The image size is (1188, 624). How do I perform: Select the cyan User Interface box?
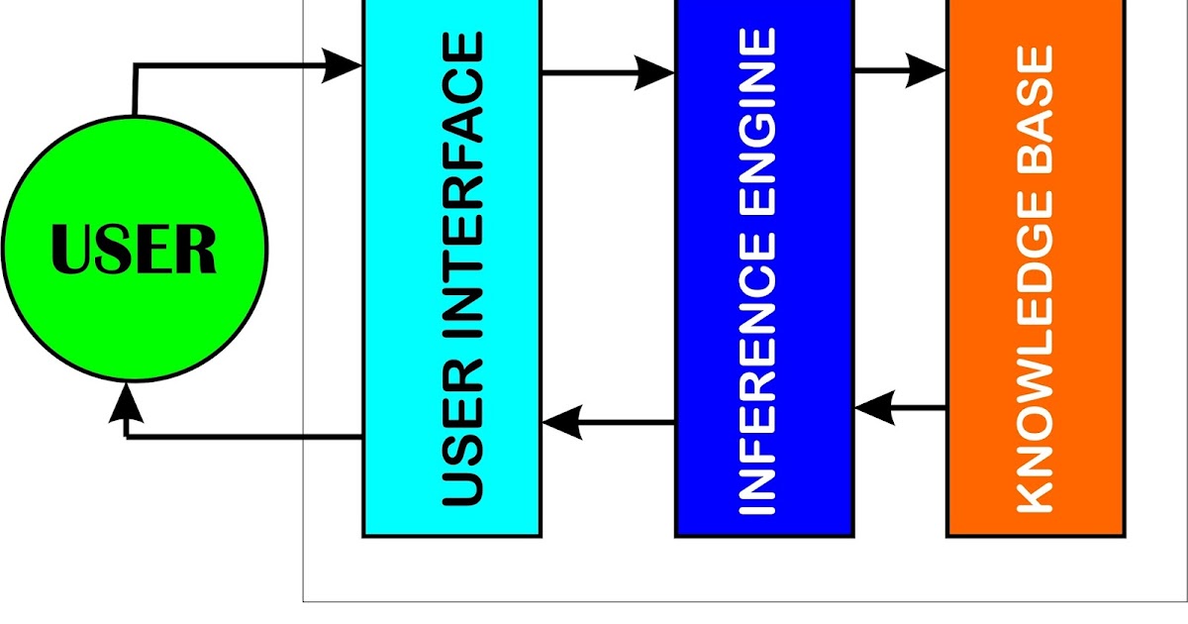pos(451,267)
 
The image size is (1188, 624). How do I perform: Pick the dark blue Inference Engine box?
pos(763,267)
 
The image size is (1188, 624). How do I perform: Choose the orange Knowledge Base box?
pos(1036,267)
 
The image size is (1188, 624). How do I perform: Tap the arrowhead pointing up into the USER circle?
pos(126,401)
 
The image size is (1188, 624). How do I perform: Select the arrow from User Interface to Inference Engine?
pos(608,71)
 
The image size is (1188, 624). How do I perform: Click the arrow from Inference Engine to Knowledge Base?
pos(900,71)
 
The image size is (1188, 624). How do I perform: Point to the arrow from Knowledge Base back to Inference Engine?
pos(900,406)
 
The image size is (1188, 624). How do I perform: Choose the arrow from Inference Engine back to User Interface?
pos(608,424)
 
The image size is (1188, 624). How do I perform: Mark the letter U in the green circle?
pos(72,250)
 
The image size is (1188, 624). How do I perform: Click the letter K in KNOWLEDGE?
pos(1036,493)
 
